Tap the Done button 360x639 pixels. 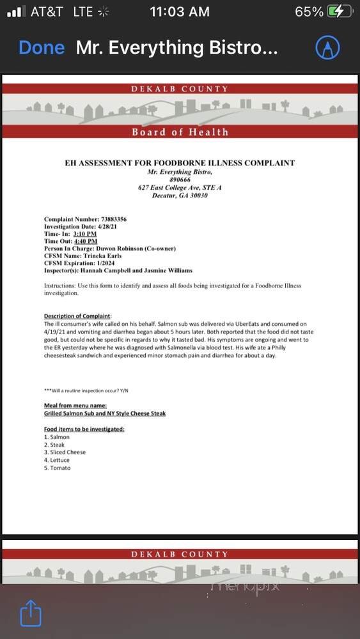coord(42,48)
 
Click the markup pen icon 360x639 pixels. coord(327,47)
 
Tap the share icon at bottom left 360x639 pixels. coord(31,614)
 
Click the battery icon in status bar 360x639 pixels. coord(340,12)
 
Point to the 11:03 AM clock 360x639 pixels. coord(180,12)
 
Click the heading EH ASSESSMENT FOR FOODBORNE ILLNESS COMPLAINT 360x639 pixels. coord(180,163)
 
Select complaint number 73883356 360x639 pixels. coord(105,219)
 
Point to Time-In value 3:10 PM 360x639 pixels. coord(84,234)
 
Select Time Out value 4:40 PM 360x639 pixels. coord(86,242)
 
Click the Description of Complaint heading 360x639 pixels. coord(77,316)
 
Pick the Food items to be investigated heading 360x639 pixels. coord(84,429)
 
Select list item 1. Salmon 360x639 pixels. coord(57,437)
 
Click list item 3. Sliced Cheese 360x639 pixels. coord(65,452)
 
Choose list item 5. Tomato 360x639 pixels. coord(58,468)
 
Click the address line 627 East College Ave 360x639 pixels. coord(180,188)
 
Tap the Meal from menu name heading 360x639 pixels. coord(75,405)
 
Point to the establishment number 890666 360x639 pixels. coord(180,180)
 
